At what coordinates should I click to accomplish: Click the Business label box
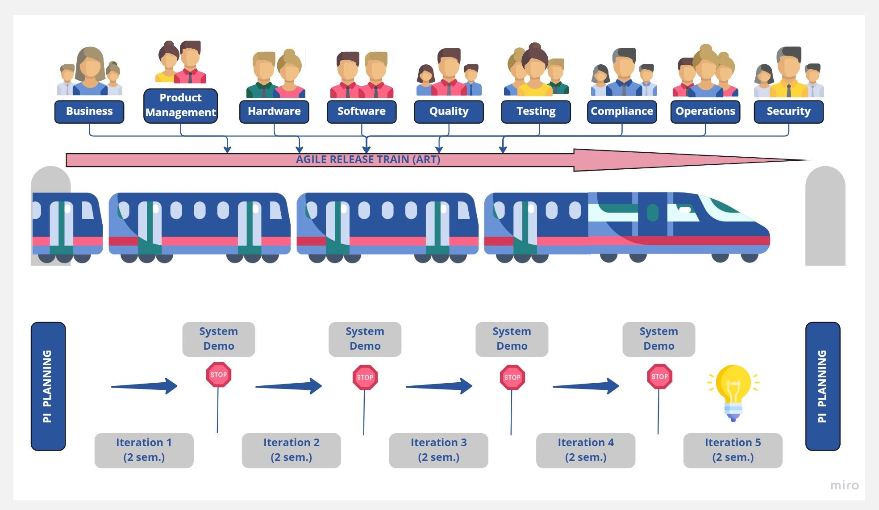coord(89,111)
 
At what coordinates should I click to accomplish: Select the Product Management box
coord(180,105)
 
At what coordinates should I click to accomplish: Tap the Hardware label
coord(274,111)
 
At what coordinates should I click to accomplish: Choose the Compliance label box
coord(622,111)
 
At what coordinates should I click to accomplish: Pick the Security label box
coord(788,111)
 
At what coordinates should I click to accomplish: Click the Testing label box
coord(536,111)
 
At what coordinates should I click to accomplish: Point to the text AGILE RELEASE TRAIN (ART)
coord(368,159)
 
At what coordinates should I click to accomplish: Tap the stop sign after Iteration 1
coord(218,375)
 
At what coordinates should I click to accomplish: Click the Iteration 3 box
coord(438,450)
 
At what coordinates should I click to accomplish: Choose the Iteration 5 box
coord(733,450)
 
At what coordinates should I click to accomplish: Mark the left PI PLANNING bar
coord(48,386)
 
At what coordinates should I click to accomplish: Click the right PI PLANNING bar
coord(822,386)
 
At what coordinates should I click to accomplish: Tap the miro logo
coord(844,485)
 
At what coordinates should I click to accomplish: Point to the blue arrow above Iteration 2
coord(288,386)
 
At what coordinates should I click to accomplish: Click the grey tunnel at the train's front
coord(825,217)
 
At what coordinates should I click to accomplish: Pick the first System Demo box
coord(219,339)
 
